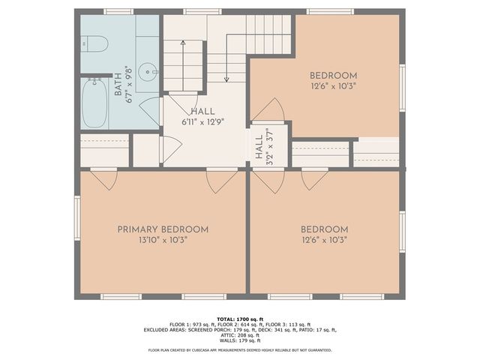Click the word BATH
coord(118,85)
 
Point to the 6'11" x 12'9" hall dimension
coord(202,121)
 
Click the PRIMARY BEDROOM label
coord(162,229)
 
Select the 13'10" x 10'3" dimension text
coord(162,240)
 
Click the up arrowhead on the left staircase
coord(182,43)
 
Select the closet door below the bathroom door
coord(170,148)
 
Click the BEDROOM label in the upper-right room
coord(333,76)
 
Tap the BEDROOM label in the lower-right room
coord(324,229)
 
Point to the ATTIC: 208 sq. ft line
coord(239,335)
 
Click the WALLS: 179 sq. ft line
coord(239,340)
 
